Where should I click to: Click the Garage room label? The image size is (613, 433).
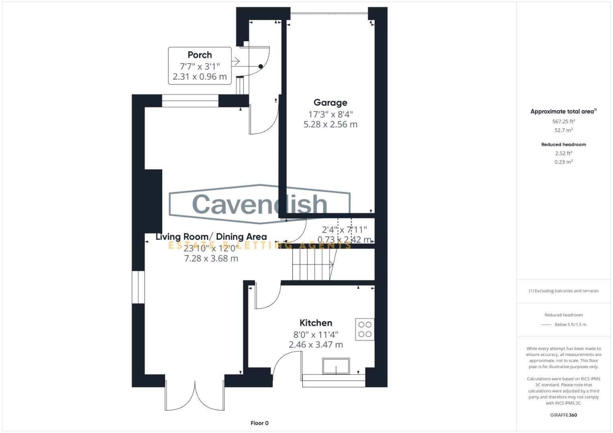point(330,103)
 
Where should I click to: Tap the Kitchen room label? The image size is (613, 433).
point(316,323)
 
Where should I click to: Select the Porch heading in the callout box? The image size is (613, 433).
point(200,55)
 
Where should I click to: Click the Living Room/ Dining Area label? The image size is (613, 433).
point(211,237)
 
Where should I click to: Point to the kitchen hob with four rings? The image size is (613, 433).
point(365,329)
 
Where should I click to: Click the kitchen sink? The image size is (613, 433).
point(336,366)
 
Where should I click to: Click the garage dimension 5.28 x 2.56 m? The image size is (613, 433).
point(330,124)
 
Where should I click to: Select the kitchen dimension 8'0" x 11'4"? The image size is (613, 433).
point(316,334)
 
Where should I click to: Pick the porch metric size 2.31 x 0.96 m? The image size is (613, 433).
point(200,77)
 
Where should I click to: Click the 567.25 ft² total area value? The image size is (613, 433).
point(563,121)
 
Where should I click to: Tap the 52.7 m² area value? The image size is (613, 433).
point(563,130)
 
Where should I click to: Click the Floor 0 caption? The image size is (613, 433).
point(259,423)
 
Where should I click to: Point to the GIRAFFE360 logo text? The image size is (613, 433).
point(563,415)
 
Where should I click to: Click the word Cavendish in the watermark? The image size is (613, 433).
point(260,204)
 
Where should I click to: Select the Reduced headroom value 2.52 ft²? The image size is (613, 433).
point(563,153)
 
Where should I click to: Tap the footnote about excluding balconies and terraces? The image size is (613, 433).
point(563,291)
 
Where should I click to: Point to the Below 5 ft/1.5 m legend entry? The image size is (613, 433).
point(570,325)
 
